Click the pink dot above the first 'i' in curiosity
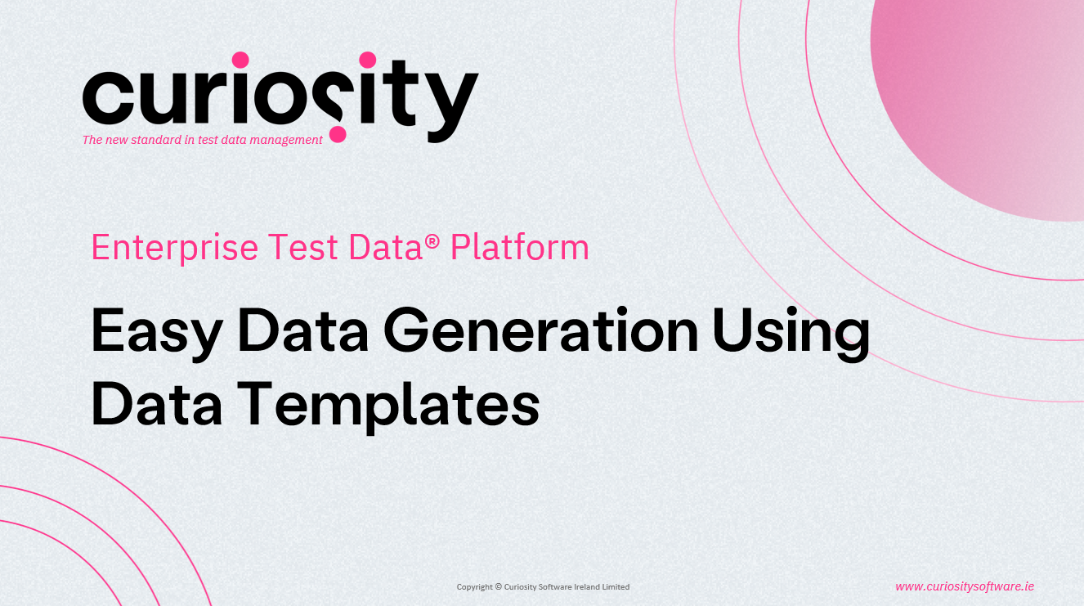point(240,60)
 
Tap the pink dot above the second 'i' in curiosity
point(368,60)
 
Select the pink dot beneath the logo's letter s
point(338,134)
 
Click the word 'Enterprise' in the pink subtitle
point(175,248)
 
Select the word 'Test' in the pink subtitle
point(302,247)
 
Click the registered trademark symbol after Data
point(432,241)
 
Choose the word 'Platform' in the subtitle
point(520,247)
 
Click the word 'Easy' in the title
point(157,334)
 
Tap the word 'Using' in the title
point(791,334)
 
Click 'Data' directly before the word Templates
point(156,403)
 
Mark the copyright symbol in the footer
point(498,587)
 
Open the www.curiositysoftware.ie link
point(965,586)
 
